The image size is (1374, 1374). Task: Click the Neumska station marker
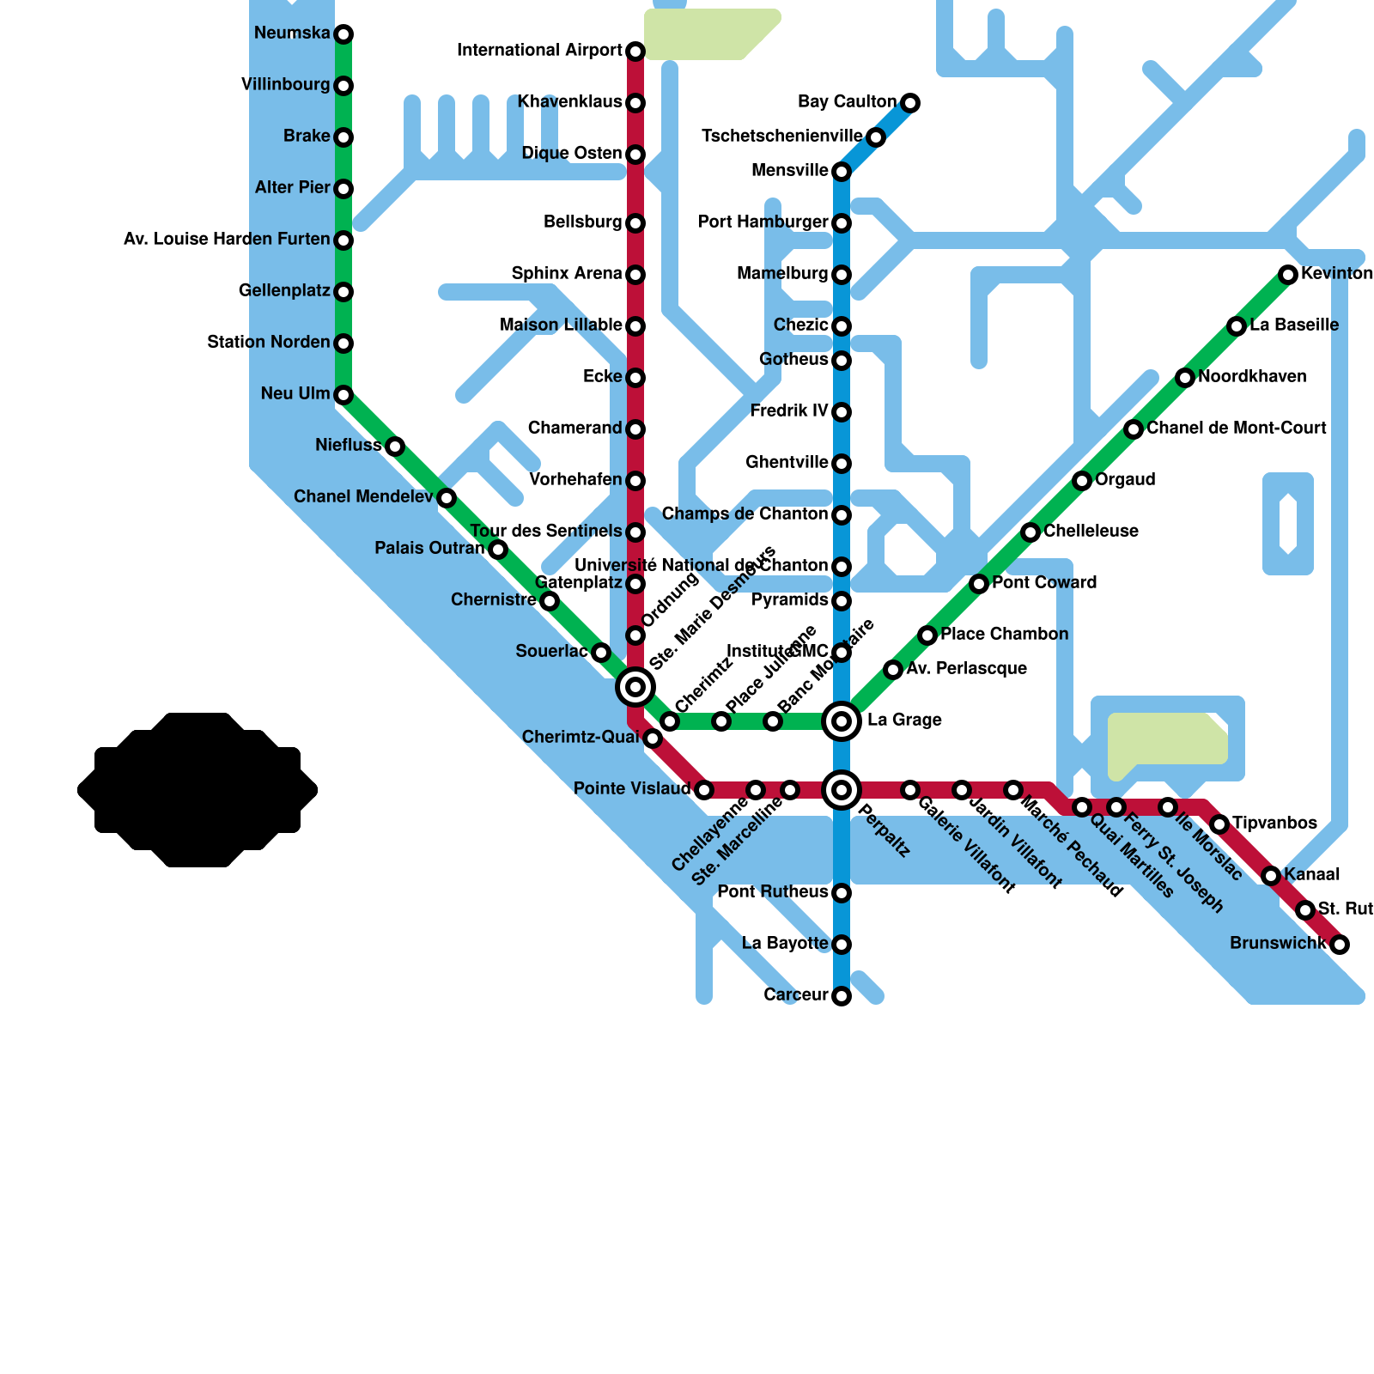(x=343, y=34)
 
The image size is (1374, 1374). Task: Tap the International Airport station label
(x=539, y=51)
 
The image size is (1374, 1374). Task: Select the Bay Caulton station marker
(x=910, y=103)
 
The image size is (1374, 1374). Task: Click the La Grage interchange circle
(x=842, y=721)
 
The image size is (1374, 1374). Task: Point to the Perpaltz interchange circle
(x=842, y=790)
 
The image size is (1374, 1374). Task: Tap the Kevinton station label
(x=1336, y=274)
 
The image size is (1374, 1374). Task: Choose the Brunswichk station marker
(x=1340, y=945)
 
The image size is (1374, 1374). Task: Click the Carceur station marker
(x=842, y=996)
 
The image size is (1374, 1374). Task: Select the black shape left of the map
(x=198, y=790)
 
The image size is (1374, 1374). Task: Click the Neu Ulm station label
(x=295, y=394)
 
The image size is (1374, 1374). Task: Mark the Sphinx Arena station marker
(x=635, y=275)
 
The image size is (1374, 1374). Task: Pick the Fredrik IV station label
(x=788, y=411)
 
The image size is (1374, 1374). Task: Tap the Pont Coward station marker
(x=979, y=584)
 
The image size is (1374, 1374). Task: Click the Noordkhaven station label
(x=1252, y=377)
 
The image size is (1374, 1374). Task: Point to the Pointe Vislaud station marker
(x=704, y=790)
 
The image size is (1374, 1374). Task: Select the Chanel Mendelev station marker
(x=447, y=498)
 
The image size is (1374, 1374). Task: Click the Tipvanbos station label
(x=1274, y=824)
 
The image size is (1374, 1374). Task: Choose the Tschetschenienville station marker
(x=875, y=137)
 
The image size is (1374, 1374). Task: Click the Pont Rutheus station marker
(x=842, y=893)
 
